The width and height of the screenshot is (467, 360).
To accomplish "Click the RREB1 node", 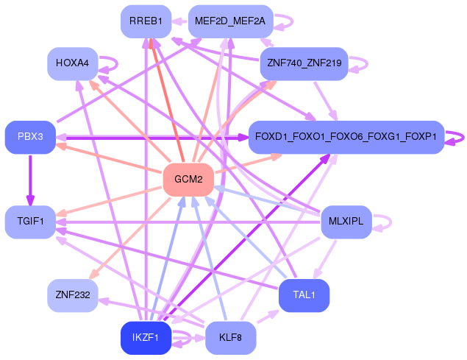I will (x=146, y=21).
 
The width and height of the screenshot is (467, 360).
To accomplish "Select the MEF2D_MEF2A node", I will (x=230, y=21).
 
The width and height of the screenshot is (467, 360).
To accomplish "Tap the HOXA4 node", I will (x=72, y=64).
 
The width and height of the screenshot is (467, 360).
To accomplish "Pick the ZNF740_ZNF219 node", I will (x=304, y=64).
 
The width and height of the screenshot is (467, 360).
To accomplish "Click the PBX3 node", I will (x=30, y=137).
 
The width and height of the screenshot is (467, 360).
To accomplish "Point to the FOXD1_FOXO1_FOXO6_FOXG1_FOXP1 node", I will (x=346, y=137).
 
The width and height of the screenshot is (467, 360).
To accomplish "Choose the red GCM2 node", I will (x=188, y=179).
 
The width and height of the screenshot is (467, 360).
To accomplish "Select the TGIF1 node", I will (x=30, y=221).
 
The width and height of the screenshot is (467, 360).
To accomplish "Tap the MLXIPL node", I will (x=346, y=221).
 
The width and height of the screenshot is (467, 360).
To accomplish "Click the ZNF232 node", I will (x=72, y=295).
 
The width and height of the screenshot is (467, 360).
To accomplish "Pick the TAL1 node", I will (x=304, y=295).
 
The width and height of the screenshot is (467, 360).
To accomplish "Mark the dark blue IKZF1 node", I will (x=146, y=338).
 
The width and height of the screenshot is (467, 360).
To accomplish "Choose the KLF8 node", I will (x=230, y=338).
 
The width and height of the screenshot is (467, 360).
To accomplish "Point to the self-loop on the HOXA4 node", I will (x=111, y=64).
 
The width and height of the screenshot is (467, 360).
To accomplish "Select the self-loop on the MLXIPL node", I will (x=385, y=221).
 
